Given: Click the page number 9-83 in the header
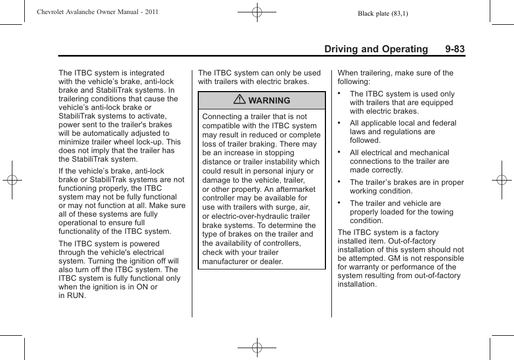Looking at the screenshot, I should point(455,49).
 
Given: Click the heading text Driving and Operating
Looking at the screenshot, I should point(376,49).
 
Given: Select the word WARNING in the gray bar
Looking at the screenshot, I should point(269,101).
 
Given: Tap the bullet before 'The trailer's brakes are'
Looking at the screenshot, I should point(339,181).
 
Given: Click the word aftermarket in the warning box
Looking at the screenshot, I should point(296,189).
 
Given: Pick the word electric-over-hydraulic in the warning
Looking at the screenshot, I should point(246,216).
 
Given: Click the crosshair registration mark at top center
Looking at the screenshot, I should point(257,11).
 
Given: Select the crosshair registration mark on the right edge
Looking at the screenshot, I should point(502,180).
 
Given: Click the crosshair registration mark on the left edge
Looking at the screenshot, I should point(12,180).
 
